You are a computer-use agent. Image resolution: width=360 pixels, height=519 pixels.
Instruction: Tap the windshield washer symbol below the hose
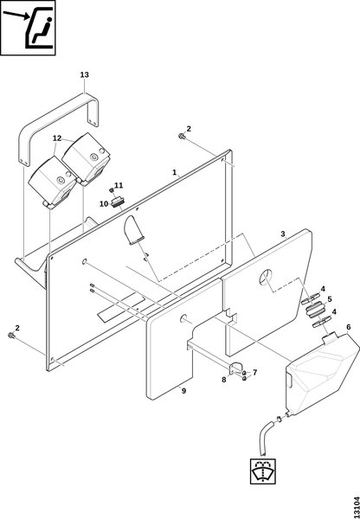pyautogui.click(x=263, y=471)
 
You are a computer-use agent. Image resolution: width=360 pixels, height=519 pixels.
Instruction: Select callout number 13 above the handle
pyautogui.click(x=85, y=74)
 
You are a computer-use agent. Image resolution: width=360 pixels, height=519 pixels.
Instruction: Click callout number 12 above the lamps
pyautogui.click(x=57, y=138)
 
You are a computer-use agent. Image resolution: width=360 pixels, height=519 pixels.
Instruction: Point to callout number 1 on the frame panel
pyautogui.click(x=175, y=172)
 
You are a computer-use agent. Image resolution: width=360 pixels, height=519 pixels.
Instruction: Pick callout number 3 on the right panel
pyautogui.click(x=283, y=234)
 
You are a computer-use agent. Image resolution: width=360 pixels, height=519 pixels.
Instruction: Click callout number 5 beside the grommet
pyautogui.click(x=329, y=299)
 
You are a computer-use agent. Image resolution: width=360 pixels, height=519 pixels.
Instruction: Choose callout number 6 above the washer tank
pyautogui.click(x=349, y=327)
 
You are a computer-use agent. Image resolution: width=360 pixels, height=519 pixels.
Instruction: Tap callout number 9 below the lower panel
pyautogui.click(x=183, y=391)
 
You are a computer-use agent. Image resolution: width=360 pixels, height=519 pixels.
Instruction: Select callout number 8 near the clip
pyautogui.click(x=224, y=380)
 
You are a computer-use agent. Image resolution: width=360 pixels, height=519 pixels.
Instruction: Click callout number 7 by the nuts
pyautogui.click(x=254, y=373)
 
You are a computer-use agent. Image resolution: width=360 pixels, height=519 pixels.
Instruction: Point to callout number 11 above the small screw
pyautogui.click(x=119, y=185)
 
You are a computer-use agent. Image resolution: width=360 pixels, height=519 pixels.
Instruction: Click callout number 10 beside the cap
pyautogui.click(x=104, y=204)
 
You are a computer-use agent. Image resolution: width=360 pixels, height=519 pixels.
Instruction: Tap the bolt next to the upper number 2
pyautogui.click(x=181, y=136)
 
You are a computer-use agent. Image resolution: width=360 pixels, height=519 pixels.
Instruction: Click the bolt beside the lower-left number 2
pyautogui.click(x=10, y=336)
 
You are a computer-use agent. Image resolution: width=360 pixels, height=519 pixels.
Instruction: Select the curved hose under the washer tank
pyautogui.click(x=267, y=436)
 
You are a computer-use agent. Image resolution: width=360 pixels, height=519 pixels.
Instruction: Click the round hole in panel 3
pyautogui.click(x=266, y=277)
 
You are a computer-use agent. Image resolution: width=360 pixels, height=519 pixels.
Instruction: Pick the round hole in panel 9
pyautogui.click(x=183, y=318)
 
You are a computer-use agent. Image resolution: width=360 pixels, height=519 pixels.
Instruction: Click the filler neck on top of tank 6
pyautogui.click(x=329, y=339)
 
